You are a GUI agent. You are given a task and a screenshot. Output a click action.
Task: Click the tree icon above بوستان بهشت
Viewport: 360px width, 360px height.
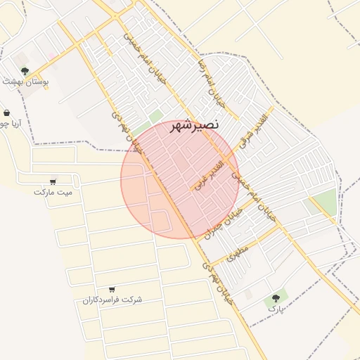pos(25,71)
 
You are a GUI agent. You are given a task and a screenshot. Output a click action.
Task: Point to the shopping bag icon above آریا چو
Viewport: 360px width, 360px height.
pos(7,113)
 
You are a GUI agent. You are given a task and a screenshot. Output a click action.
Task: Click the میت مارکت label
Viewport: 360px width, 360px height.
pos(53,191)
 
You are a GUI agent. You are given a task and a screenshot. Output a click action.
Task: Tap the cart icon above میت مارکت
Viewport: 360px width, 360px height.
pos(53,181)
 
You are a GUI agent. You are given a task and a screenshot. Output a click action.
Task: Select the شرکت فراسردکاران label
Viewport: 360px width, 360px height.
pos(112,300)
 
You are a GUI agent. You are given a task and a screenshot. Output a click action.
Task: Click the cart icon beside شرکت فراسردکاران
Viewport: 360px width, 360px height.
pos(112,289)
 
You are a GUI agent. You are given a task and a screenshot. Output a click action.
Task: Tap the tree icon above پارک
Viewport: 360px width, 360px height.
pos(276,299)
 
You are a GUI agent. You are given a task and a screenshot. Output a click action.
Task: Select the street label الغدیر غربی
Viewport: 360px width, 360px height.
pos(207,175)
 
